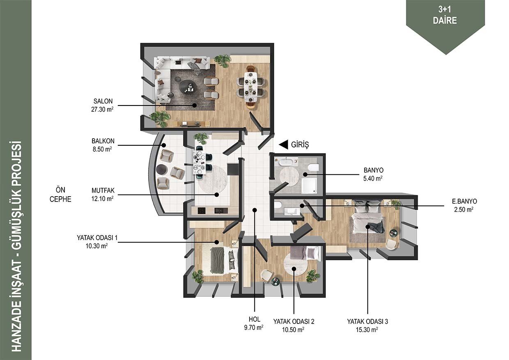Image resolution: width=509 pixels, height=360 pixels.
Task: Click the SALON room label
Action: (103, 101)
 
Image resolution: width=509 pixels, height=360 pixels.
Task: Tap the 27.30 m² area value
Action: (102, 109)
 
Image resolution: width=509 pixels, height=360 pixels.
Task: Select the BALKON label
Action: (103, 141)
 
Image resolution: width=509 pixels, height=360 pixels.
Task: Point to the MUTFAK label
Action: (103, 190)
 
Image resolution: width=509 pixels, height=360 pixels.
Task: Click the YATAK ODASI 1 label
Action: (97, 238)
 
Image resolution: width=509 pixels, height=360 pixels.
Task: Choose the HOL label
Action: (254, 319)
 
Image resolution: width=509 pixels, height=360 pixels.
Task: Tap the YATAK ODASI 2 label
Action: (293, 321)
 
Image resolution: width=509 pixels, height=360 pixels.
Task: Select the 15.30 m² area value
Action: (367, 330)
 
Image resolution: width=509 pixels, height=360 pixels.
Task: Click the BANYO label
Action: (374, 170)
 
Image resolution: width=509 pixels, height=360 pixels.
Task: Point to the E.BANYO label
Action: (464, 202)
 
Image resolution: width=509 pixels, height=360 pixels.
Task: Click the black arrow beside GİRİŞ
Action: (284, 144)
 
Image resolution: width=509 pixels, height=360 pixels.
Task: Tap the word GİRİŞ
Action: (300, 144)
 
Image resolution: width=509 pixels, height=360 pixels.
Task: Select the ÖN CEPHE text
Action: (60, 195)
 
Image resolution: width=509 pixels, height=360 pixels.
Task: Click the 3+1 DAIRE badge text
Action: (445, 15)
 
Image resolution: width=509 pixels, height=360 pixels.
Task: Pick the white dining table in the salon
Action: (251, 87)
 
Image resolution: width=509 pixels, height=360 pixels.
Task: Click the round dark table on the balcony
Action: (162, 169)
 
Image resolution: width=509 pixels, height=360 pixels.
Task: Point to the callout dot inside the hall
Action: (255, 210)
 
